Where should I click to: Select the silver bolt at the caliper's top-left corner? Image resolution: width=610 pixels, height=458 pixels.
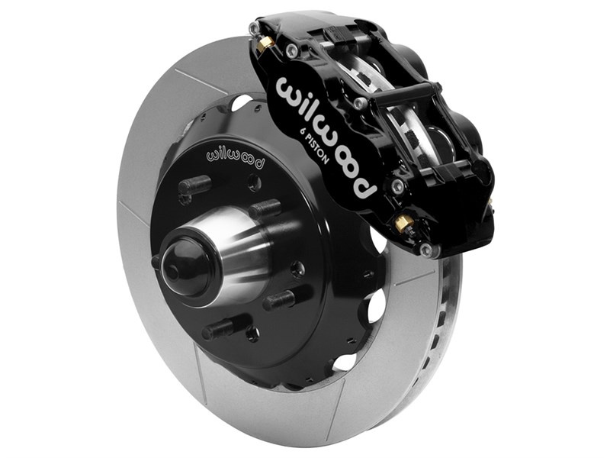coord(255,30)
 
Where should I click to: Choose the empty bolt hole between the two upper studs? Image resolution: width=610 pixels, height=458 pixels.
coord(254,182)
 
